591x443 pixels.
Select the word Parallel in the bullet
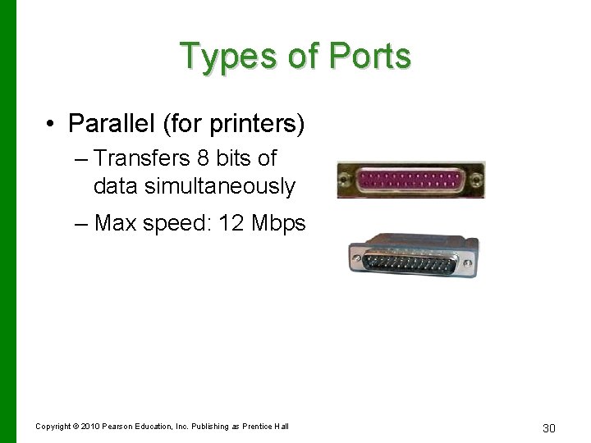pyautogui.click(x=116, y=124)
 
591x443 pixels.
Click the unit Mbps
pyautogui.click(x=280, y=223)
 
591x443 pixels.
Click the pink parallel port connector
pyautogui.click(x=410, y=180)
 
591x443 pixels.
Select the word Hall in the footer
pyautogui.click(x=281, y=426)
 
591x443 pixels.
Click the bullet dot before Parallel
pyautogui.click(x=51, y=125)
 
